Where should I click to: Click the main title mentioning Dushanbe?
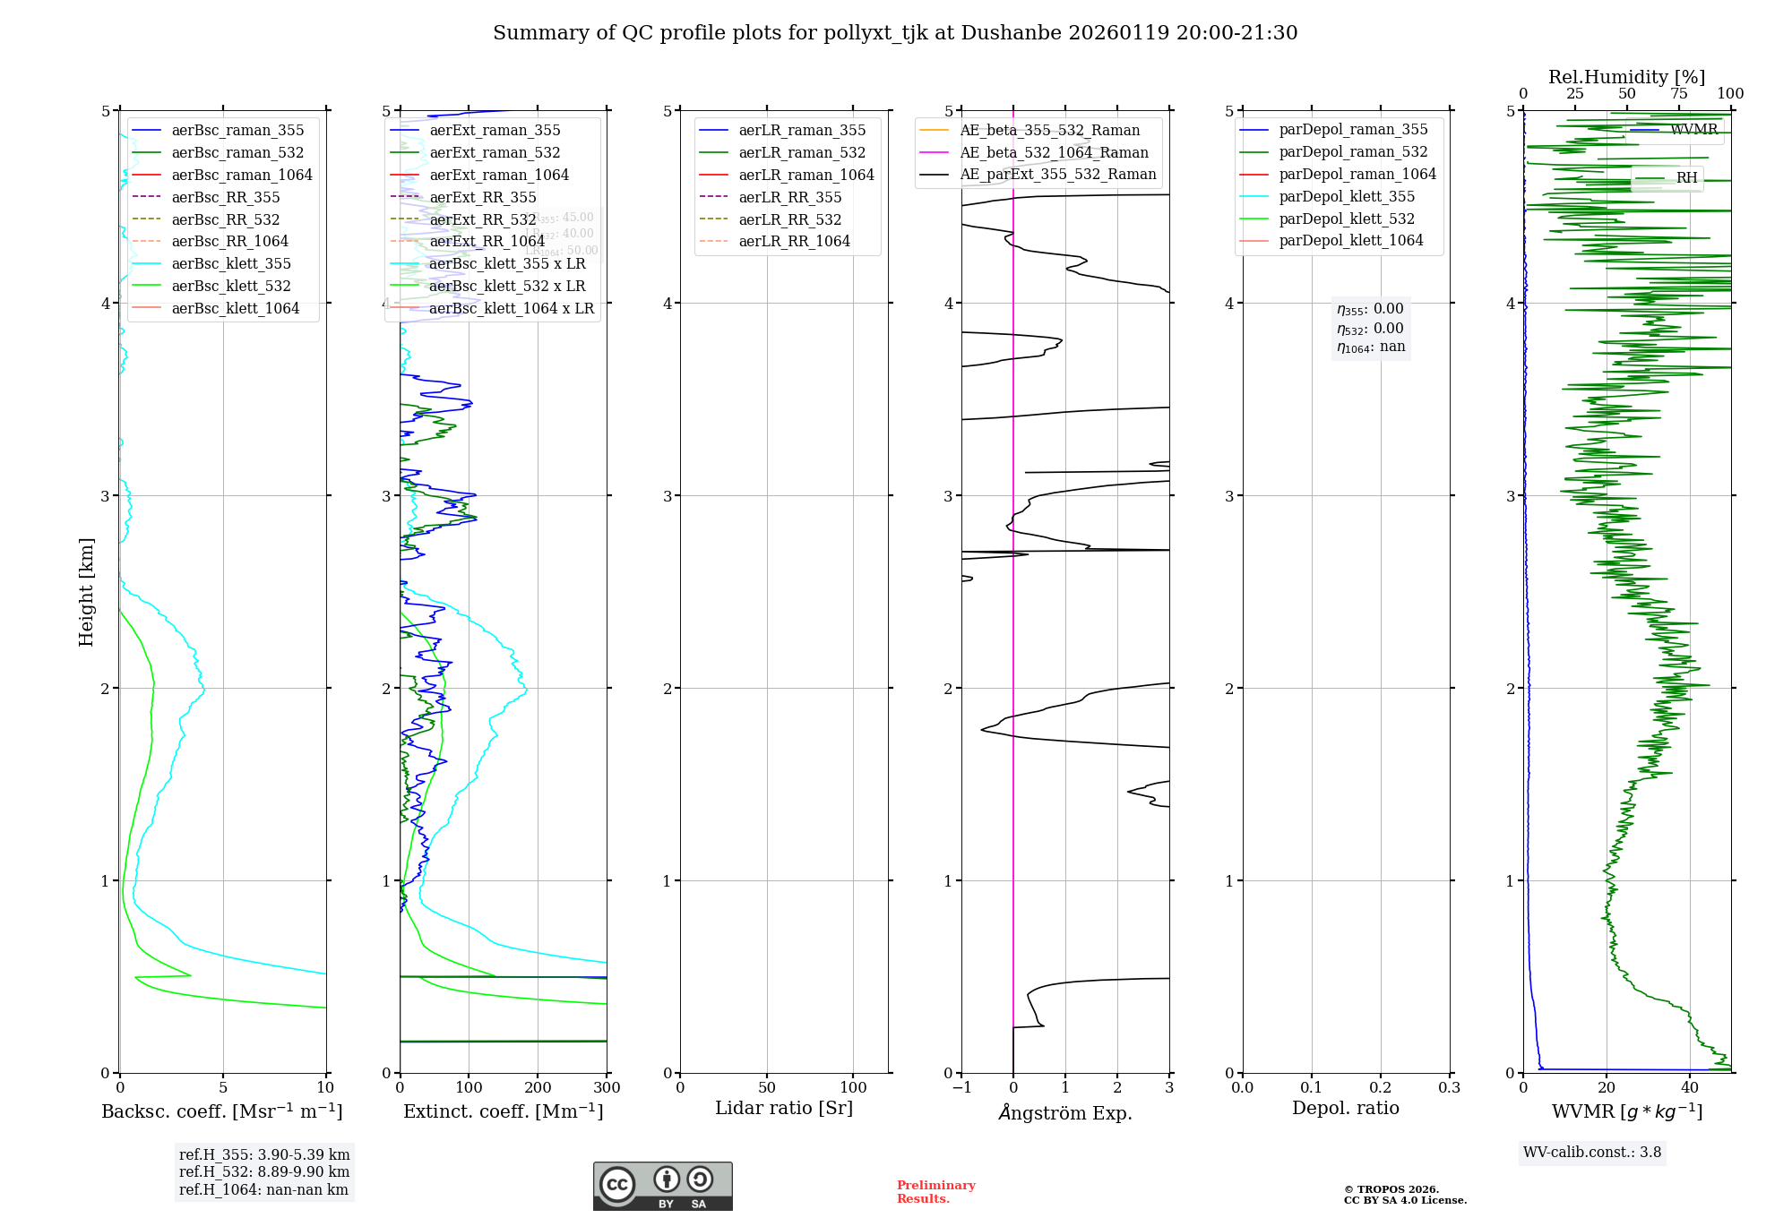(895, 33)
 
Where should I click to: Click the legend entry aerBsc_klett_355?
(230, 263)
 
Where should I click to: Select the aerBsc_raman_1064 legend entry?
(241, 175)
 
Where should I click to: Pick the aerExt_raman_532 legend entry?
(495, 152)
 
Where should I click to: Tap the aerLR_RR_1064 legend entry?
(794, 241)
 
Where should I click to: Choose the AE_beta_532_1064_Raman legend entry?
(1054, 152)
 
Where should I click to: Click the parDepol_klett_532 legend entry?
(1346, 219)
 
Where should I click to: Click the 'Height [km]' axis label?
(86, 592)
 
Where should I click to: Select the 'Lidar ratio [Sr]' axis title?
(784, 1108)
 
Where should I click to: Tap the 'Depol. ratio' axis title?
(1345, 1108)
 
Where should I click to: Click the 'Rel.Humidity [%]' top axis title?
(1626, 77)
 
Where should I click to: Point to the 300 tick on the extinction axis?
(607, 1088)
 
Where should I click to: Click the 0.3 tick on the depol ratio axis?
(1449, 1088)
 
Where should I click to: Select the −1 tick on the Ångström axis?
(961, 1088)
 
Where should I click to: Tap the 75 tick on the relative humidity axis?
(1678, 94)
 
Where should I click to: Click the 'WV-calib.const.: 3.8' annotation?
(1591, 1153)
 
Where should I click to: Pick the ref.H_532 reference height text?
(263, 1171)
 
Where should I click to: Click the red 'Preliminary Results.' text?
(935, 1192)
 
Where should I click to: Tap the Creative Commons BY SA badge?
(662, 1186)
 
